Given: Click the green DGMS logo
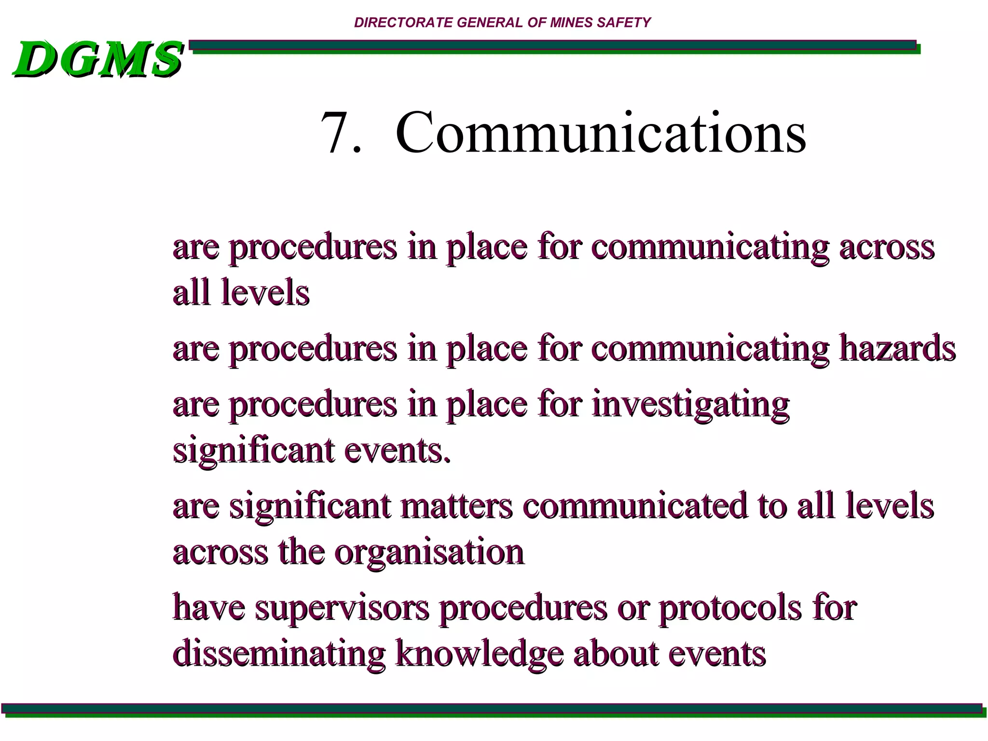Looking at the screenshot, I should click(98, 59).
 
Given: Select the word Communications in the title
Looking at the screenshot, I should click(600, 132).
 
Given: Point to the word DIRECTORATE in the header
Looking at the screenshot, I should click(403, 23).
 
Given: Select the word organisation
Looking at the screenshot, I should click(429, 553).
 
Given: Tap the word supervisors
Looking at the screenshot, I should click(342, 608).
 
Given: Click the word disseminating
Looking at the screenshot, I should click(279, 654).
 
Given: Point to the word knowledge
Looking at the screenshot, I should click(479, 654).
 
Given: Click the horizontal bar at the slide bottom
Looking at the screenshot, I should click(492, 709).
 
